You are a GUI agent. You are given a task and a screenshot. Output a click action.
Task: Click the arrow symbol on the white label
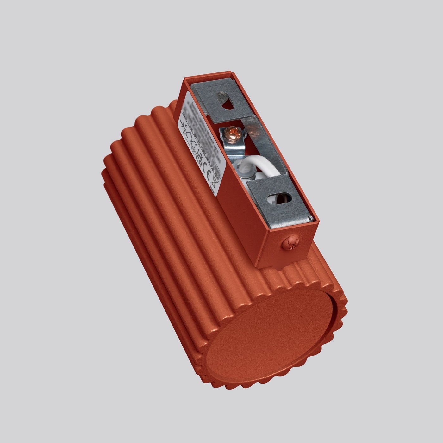183,125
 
